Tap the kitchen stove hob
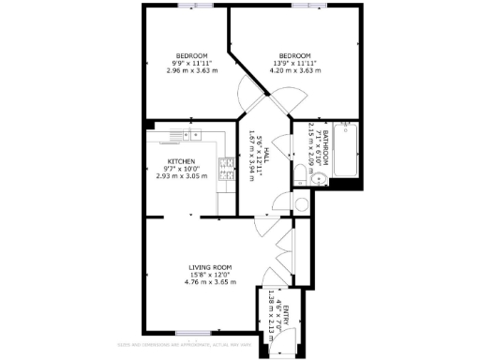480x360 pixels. (x=226, y=168)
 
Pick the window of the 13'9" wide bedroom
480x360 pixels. (x=303, y=6)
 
